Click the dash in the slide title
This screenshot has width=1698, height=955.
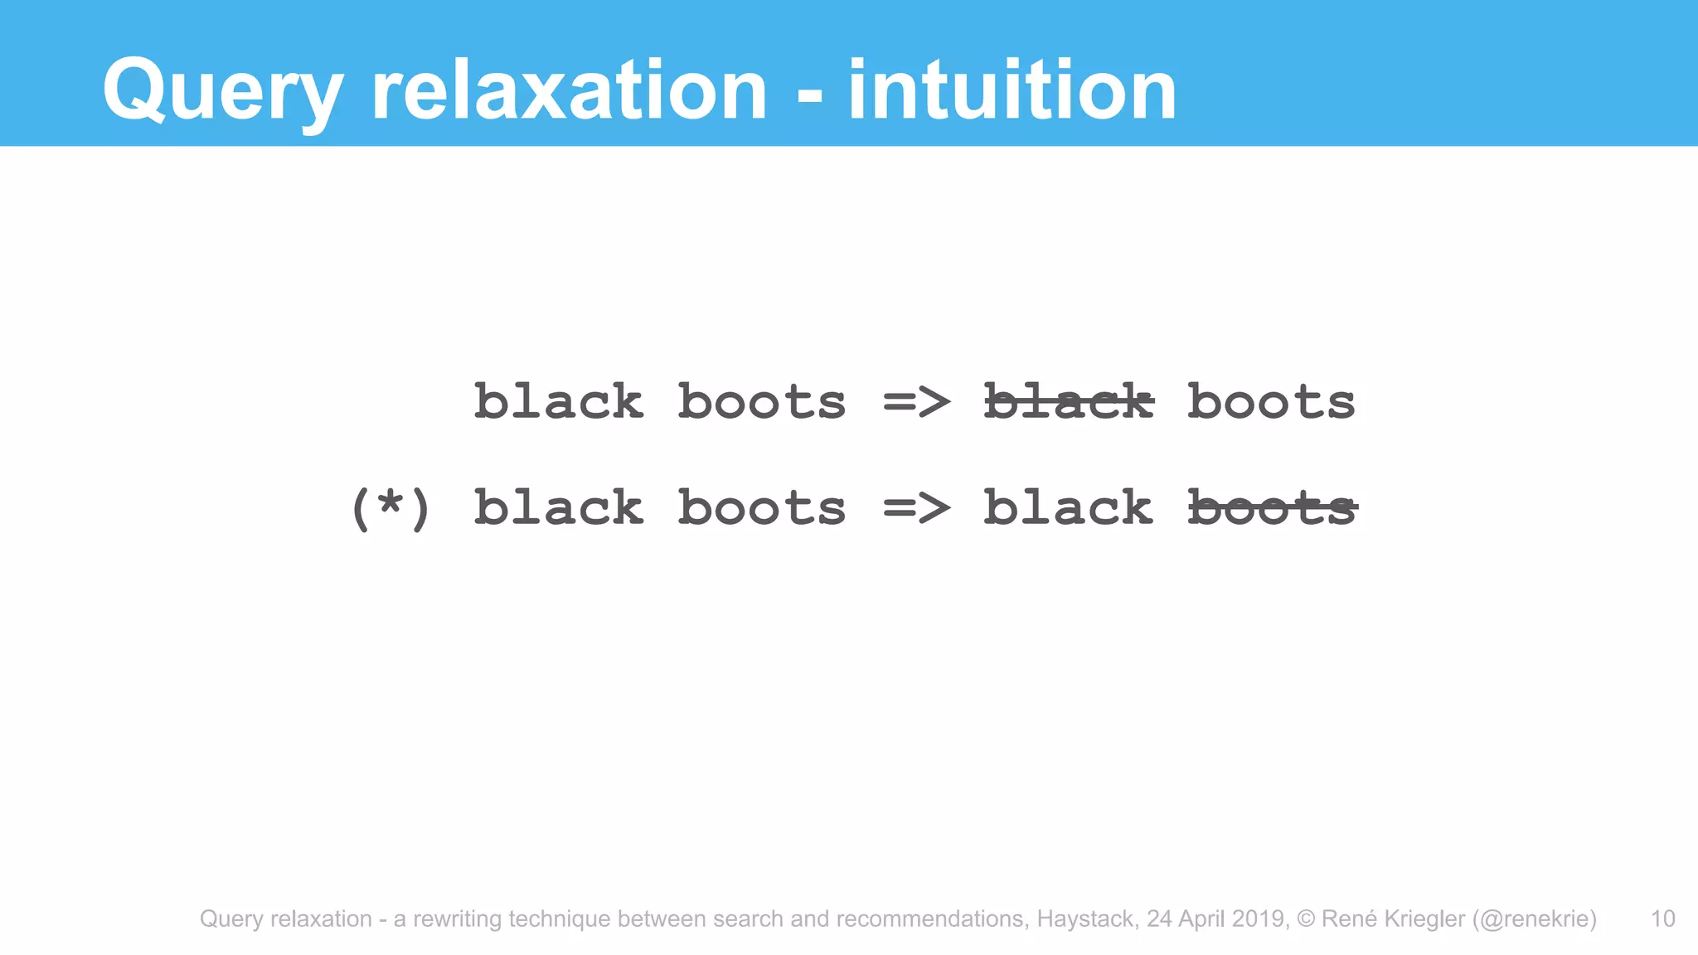[x=809, y=95]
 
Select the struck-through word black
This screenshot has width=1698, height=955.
[x=1068, y=402]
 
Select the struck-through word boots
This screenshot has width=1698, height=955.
[x=1272, y=507]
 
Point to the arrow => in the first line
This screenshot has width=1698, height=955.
[x=916, y=403]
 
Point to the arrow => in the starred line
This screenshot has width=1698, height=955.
[x=916, y=507]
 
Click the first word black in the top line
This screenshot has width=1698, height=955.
[x=558, y=402]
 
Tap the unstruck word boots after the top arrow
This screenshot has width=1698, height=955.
[x=1271, y=402]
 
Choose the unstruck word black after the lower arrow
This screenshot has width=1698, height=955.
[x=1068, y=507]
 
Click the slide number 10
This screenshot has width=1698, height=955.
[x=1662, y=919]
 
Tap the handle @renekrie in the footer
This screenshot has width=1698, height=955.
[x=1535, y=919]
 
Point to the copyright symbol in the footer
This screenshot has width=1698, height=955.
[x=1306, y=919]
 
